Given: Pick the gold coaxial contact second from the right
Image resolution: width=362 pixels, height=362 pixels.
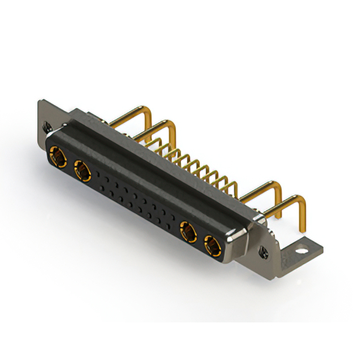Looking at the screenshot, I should coord(187,231).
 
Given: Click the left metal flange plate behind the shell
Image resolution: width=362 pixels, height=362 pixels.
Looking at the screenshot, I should coord(51,110).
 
